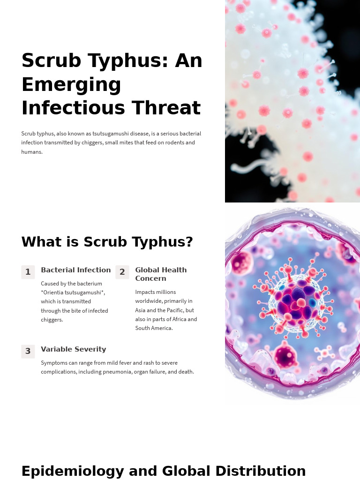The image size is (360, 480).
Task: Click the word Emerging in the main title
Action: point(71,85)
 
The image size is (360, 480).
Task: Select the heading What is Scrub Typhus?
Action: point(107,242)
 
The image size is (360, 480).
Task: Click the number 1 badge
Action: point(28,272)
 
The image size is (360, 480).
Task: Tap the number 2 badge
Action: point(122,272)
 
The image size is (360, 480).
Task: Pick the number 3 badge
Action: point(28,351)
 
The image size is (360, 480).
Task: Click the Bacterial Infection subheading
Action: point(75,270)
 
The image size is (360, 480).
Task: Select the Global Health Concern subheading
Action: point(161,274)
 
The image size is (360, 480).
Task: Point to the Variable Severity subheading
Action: point(73,349)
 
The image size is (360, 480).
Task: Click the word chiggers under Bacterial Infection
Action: point(52,320)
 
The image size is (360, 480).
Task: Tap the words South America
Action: point(154,328)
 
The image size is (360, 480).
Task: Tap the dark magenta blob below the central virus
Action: point(285,357)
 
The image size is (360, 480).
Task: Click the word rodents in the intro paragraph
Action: point(173,142)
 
